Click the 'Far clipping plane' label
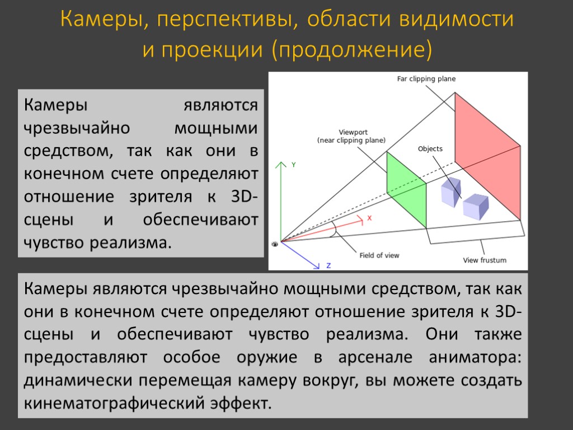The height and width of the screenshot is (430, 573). [x=426, y=79]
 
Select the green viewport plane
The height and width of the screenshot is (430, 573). [x=406, y=190]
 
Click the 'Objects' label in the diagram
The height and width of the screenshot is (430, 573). [x=430, y=149]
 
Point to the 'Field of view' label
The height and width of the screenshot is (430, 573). [x=379, y=255]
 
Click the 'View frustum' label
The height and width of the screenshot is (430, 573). [x=485, y=260]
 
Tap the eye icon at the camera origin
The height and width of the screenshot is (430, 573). [x=275, y=244]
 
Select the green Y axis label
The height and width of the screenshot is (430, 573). [x=293, y=165]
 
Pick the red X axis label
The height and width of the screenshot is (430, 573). [x=369, y=218]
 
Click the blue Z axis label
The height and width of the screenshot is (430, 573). [x=328, y=265]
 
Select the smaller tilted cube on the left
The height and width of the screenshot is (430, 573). [x=450, y=191]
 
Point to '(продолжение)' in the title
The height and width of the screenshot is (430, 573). [x=352, y=50]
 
